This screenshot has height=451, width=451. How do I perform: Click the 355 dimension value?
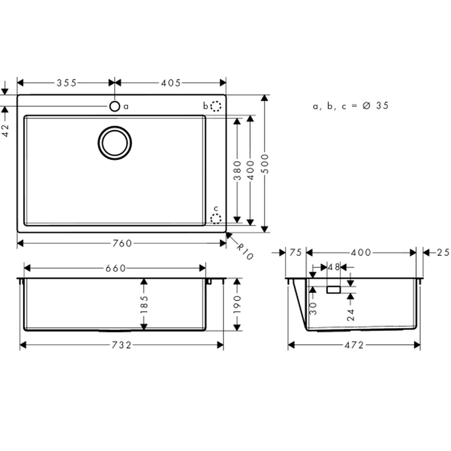click(x=66, y=83)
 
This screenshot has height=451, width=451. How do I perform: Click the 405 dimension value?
click(x=171, y=83)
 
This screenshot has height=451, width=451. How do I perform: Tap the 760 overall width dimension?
click(x=122, y=244)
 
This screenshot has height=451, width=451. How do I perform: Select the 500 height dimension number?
click(x=265, y=164)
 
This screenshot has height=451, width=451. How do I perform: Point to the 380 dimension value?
click(x=237, y=170)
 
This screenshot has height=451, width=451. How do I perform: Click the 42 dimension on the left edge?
click(x=5, y=130)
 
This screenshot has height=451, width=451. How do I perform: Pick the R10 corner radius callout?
click(x=245, y=251)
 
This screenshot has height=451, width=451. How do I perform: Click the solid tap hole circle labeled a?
click(x=115, y=106)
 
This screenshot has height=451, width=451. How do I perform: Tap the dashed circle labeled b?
click(x=216, y=106)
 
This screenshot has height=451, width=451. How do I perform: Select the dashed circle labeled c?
click(x=216, y=219)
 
